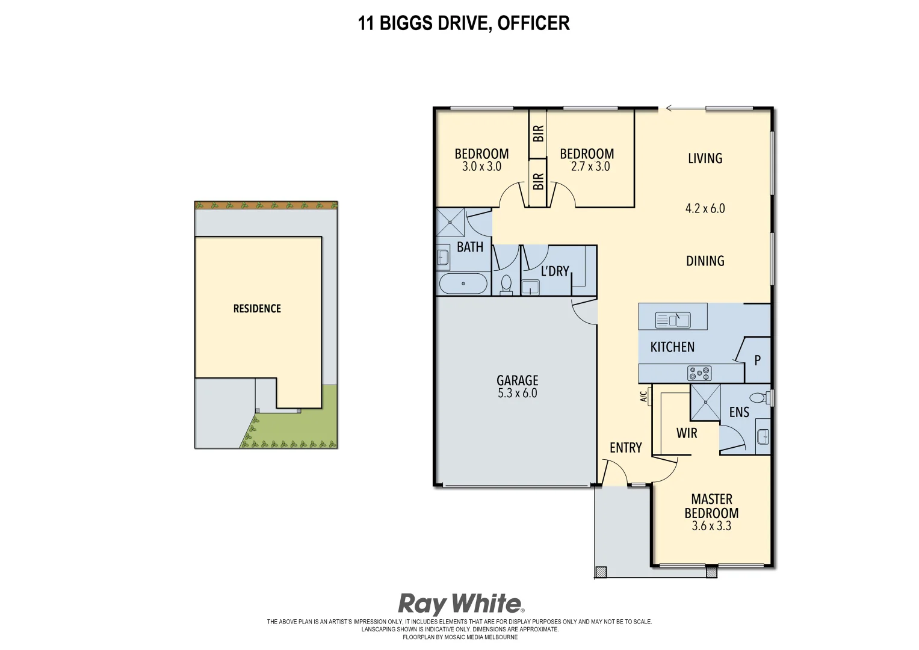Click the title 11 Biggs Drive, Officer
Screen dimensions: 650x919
(463, 23)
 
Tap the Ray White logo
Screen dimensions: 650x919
(460, 604)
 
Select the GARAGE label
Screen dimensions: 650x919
(517, 380)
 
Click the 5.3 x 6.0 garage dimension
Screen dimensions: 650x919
(517, 394)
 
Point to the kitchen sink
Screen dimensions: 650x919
(672, 320)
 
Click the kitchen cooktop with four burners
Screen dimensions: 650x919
(699, 374)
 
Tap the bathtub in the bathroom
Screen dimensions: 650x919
(463, 283)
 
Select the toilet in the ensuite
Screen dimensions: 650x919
(758, 398)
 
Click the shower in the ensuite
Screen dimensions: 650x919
(705, 402)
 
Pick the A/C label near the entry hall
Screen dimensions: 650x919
(643, 397)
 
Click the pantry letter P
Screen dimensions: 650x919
(757, 361)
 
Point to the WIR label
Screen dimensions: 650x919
(687, 433)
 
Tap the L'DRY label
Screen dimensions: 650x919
(554, 271)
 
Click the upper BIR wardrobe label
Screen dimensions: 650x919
(538, 133)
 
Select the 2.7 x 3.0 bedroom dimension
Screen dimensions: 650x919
(590, 167)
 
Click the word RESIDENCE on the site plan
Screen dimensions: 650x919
(257, 309)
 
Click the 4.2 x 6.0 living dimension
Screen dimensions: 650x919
(705, 209)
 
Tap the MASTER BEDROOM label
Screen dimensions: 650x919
(711, 506)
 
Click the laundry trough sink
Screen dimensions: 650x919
(530, 288)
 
